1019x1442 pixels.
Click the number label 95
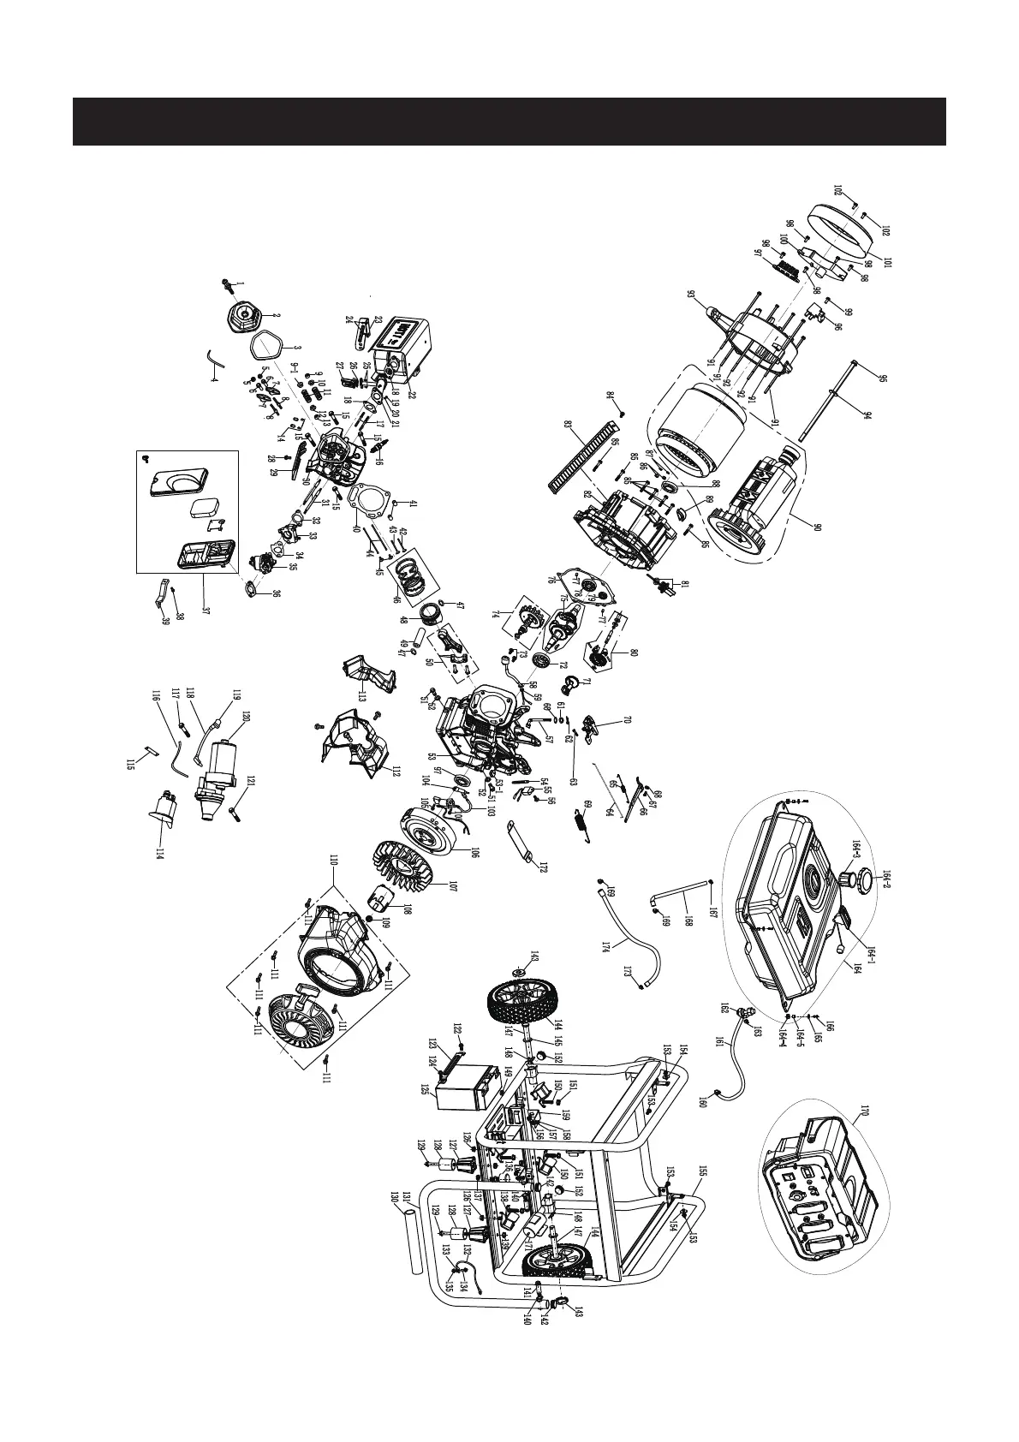[x=859, y=378]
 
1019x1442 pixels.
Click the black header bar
[x=509, y=122]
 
